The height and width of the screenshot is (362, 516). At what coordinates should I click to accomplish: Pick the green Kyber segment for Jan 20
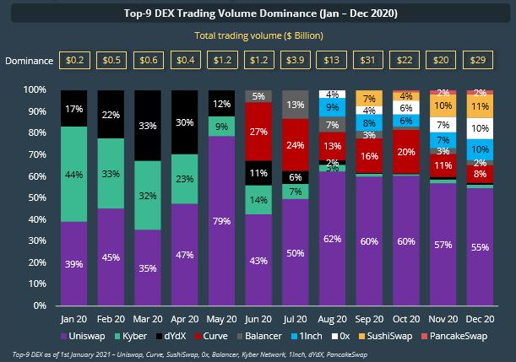point(73,174)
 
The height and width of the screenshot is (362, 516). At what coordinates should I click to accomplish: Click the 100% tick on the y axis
point(35,89)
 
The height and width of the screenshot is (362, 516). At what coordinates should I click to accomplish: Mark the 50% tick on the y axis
point(38,197)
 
